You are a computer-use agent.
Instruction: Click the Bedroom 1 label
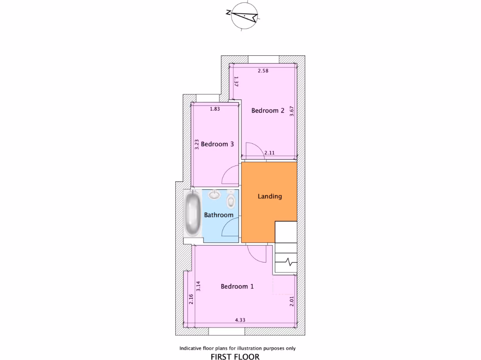[x=237, y=286]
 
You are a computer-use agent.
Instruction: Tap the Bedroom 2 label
[x=268, y=111]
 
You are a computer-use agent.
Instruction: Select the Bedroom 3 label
[x=217, y=144]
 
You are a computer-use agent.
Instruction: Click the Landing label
[x=270, y=196]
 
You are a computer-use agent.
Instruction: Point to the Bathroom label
[x=218, y=215]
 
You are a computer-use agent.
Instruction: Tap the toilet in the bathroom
[x=231, y=200]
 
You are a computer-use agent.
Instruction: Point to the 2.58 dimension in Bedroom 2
[x=263, y=71]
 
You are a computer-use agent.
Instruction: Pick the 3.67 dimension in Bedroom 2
[x=292, y=112]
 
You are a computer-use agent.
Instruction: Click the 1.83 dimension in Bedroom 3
[x=215, y=109]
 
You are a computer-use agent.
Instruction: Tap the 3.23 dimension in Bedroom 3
[x=197, y=143]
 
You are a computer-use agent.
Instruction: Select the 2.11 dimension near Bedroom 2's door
[x=270, y=152]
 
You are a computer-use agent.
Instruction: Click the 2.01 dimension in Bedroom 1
[x=292, y=301]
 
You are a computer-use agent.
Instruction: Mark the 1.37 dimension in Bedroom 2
[x=236, y=82]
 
